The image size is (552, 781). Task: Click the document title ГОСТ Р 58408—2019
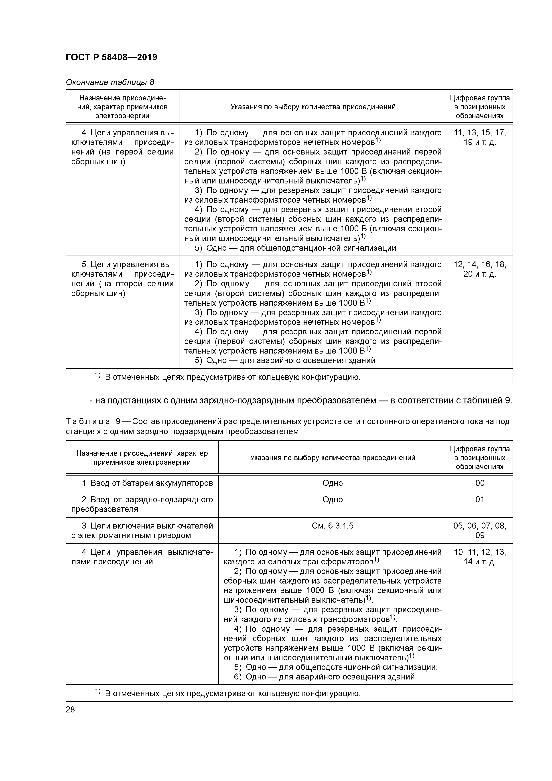pyautogui.click(x=111, y=57)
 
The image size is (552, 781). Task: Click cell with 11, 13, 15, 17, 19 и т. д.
pyautogui.click(x=480, y=137)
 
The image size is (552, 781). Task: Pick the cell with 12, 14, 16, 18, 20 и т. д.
pyautogui.click(x=480, y=269)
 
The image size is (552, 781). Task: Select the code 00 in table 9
pyautogui.click(x=480, y=483)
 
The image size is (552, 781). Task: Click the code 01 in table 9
pyautogui.click(x=480, y=499)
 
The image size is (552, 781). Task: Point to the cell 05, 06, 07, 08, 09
pyautogui.click(x=480, y=530)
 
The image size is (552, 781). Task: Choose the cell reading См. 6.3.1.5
pyautogui.click(x=332, y=526)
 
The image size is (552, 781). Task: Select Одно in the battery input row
pyautogui.click(x=332, y=483)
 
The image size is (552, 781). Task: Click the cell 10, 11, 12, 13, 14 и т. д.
pyautogui.click(x=480, y=557)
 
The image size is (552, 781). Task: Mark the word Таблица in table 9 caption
pyautogui.click(x=88, y=422)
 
